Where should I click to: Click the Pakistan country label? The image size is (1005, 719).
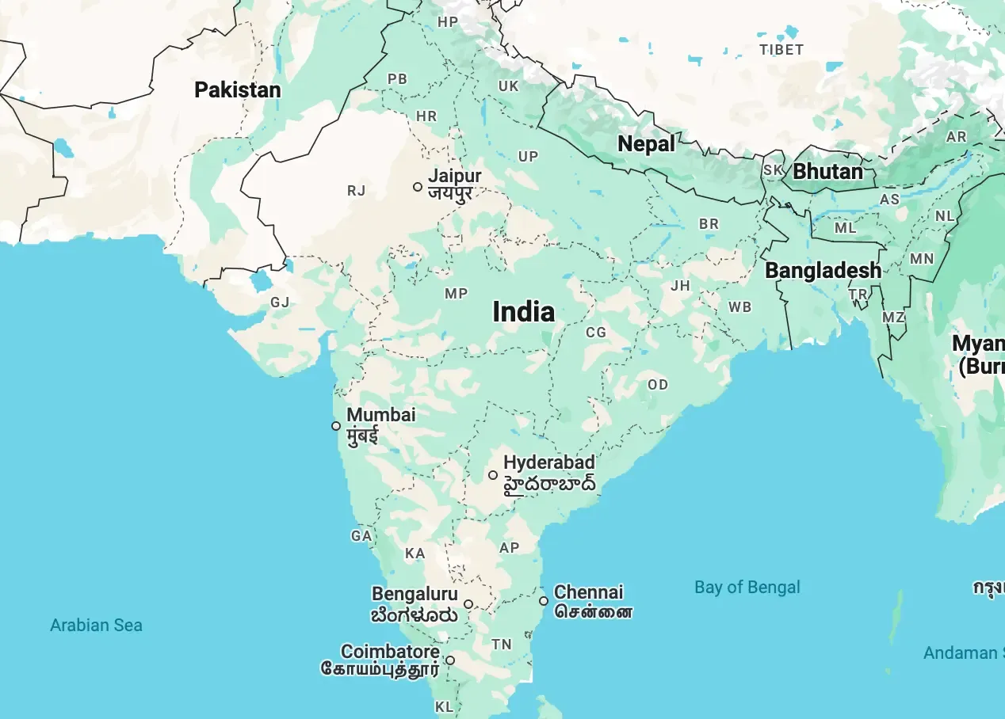238,89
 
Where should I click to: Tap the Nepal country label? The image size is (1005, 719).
646,144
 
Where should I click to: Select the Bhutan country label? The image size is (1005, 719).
827,171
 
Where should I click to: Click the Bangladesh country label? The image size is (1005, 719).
823,270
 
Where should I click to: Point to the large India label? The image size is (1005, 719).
523,312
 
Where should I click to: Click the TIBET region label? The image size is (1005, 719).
781,49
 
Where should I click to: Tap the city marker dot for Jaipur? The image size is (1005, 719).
418,187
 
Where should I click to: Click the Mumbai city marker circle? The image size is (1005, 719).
336,426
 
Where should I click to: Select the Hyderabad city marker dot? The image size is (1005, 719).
493,475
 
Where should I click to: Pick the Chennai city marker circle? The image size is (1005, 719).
544,601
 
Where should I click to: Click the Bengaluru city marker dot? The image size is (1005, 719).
468,604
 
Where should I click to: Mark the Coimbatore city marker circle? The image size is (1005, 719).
450,660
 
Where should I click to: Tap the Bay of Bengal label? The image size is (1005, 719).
747,587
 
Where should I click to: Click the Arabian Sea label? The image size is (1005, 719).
96,625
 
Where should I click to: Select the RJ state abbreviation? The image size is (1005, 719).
357,190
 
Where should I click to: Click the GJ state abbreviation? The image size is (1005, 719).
280,302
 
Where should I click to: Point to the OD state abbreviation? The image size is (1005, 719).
658,385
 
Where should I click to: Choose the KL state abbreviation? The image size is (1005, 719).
444,706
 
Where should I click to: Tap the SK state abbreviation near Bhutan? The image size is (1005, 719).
773,170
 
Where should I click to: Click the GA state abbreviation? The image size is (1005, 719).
361,536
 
